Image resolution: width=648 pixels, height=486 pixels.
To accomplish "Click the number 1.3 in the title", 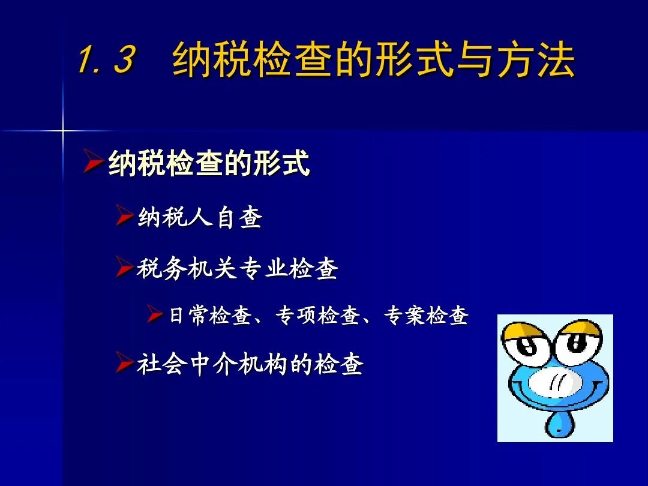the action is click(107, 59).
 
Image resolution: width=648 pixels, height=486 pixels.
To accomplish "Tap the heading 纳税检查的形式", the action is click(209, 163).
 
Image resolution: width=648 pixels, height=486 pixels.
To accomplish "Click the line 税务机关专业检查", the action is click(237, 268).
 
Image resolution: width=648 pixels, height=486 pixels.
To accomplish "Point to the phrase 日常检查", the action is click(210, 316).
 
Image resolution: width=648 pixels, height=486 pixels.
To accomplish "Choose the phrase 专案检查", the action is click(425, 316).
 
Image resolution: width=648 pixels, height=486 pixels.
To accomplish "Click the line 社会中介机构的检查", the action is click(250, 364).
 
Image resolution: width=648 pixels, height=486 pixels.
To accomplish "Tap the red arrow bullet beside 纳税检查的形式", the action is click(92, 161).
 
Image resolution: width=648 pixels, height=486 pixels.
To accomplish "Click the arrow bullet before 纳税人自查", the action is click(124, 215).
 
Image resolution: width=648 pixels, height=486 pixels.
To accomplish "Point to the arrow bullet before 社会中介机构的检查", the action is click(124, 362).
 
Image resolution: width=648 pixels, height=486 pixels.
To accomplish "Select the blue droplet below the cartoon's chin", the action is click(559, 424).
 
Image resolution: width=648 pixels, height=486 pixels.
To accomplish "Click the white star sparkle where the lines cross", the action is click(63, 131).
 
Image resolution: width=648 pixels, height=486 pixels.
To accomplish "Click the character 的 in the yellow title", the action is click(355, 61).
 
